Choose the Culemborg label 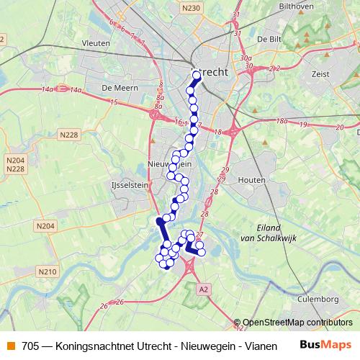coord(320,298)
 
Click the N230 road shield coord(191,8)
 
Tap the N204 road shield coord(45,226)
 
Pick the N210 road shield coord(48,271)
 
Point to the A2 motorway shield coord(204,289)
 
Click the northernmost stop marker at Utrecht coord(197,74)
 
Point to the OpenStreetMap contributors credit coord(297,323)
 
